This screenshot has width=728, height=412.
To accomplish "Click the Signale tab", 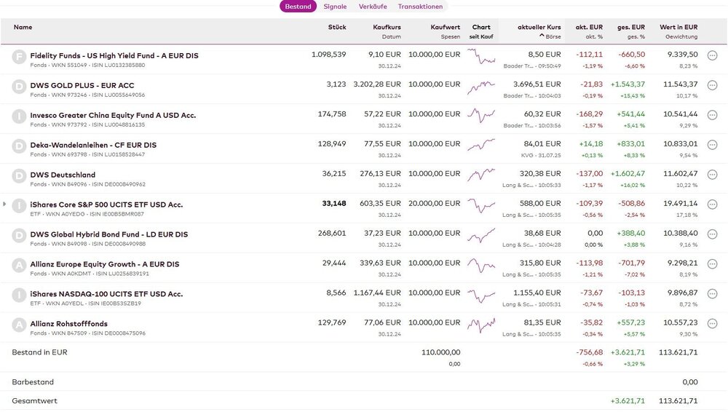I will point(335,7).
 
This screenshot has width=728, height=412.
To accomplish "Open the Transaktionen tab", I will point(420,7).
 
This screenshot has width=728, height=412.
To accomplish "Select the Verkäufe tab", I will point(373,7).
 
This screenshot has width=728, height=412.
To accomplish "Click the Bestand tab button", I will point(298,7).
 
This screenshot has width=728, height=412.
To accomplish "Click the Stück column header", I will point(337,27).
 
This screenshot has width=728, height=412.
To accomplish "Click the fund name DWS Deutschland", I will point(63,175).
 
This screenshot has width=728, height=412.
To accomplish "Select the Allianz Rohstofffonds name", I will point(68,324).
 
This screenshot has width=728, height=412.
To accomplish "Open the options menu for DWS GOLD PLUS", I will point(712,85).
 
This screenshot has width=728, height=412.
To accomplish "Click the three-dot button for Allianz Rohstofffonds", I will point(712,324).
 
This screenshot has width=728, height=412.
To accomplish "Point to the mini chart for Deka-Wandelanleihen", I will point(481,145).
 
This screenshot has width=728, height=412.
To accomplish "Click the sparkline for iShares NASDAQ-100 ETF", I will point(481,294).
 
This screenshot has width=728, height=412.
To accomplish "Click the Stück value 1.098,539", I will point(328,55).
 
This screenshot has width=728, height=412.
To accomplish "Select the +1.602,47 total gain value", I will point(627,175).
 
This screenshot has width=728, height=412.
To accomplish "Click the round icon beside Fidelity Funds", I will point(19,56).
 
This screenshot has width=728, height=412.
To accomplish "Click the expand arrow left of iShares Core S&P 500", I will point(4,205).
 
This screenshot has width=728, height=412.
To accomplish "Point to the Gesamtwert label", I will point(34,401).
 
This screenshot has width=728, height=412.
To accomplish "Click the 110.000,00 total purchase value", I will point(440,352).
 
